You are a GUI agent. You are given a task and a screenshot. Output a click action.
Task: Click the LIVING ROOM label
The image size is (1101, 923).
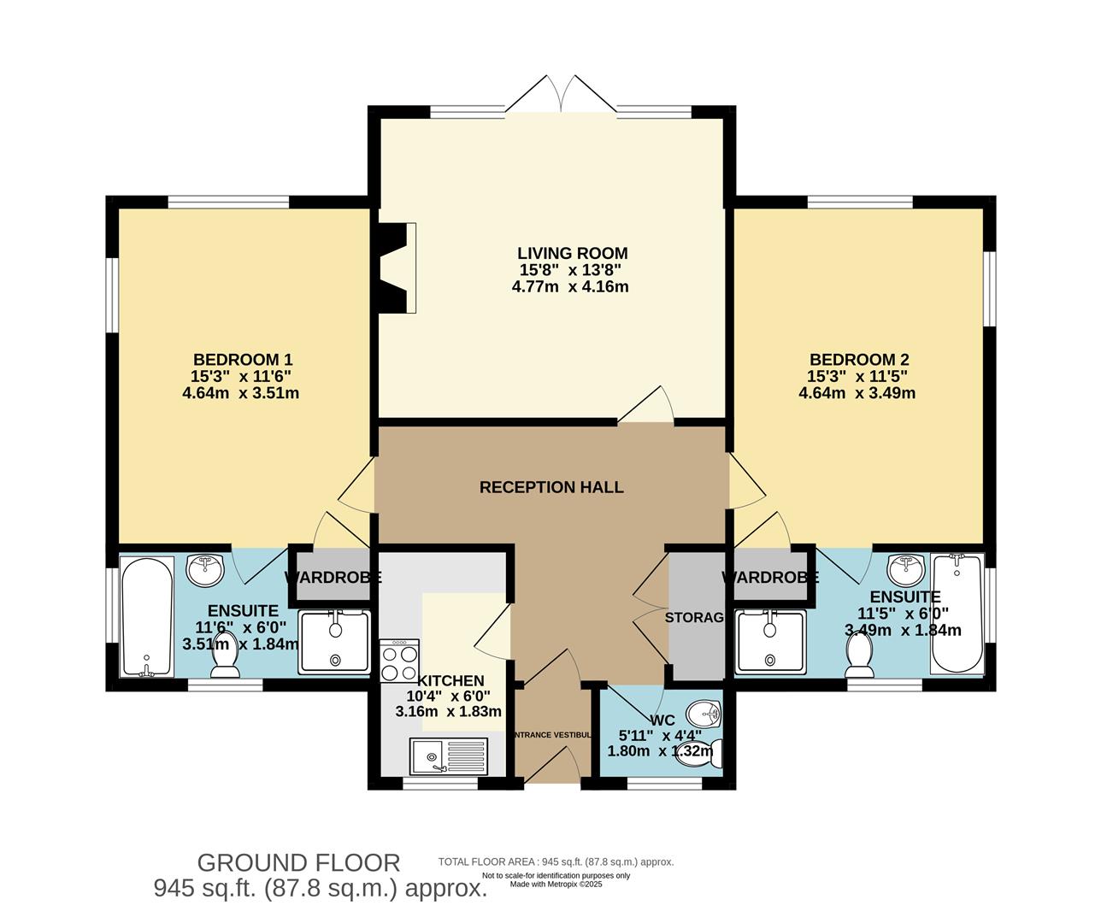click(x=572, y=253)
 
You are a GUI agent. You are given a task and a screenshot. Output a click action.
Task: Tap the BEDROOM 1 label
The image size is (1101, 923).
click(x=248, y=360)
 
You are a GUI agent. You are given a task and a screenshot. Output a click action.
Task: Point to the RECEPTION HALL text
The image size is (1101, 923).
click(x=551, y=487)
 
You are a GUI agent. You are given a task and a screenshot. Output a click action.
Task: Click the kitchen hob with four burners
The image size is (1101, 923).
click(x=399, y=661)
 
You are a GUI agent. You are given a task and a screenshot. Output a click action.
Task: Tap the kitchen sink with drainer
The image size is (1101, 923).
click(x=448, y=756)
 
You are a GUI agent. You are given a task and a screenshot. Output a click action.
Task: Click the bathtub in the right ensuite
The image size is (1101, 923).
click(x=957, y=613)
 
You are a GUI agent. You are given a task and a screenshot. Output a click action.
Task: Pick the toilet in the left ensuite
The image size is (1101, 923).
click(x=225, y=656)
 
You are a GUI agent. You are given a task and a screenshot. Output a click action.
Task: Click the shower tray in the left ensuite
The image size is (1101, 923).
click(x=334, y=641)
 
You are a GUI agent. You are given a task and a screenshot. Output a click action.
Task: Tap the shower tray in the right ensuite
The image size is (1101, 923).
click(x=771, y=641)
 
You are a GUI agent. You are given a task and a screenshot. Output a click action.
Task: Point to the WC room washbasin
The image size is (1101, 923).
click(x=705, y=711)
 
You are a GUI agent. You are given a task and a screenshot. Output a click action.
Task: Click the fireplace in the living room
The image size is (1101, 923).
click(x=397, y=268)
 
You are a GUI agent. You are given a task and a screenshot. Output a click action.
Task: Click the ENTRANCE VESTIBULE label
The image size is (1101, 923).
click(x=551, y=735)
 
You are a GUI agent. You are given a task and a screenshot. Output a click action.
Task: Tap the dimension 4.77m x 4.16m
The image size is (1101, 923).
click(x=570, y=286)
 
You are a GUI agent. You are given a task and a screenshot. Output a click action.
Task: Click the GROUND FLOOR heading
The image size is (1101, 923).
click(x=298, y=862)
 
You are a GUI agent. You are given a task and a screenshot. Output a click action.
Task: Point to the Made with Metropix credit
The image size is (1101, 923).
click(x=556, y=885)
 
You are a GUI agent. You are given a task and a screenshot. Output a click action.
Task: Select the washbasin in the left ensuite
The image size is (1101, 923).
click(x=205, y=568)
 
